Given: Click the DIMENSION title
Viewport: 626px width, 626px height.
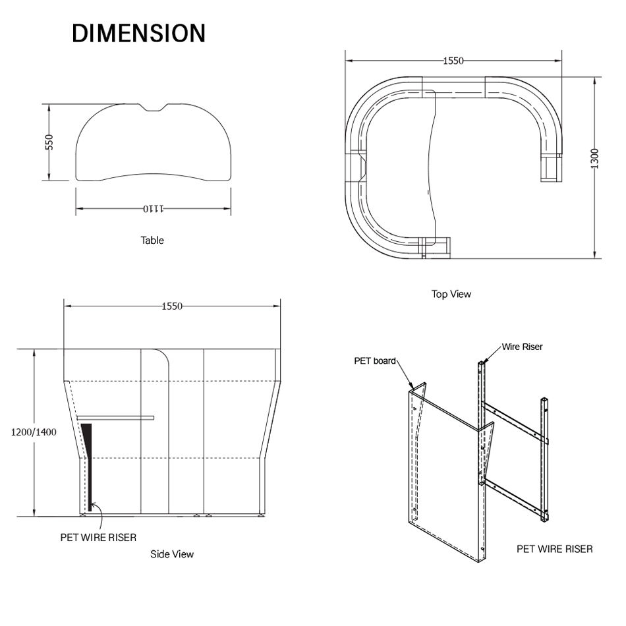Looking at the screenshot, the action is (x=138, y=33).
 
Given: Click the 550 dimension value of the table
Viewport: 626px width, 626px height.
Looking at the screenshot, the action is (x=49, y=142).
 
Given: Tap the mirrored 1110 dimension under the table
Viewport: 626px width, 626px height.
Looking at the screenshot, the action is (x=154, y=209).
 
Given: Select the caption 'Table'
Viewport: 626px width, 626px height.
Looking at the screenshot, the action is (x=152, y=241).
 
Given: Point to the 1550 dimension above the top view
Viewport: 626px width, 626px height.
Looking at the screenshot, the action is (x=453, y=61).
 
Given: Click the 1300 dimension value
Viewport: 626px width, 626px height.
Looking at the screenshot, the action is (x=594, y=159).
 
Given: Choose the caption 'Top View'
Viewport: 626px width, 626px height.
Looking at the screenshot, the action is (x=451, y=295).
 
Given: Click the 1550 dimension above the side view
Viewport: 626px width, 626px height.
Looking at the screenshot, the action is (x=172, y=306).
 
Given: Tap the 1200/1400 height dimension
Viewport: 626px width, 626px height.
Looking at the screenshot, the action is (x=34, y=432).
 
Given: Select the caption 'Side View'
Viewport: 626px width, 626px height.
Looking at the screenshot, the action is (x=172, y=554).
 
